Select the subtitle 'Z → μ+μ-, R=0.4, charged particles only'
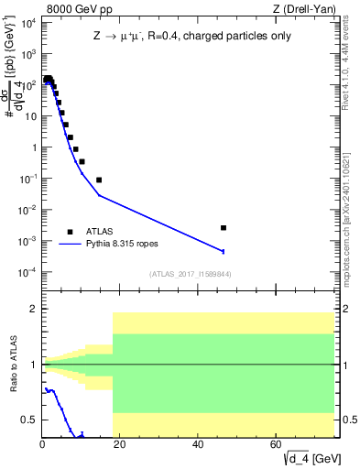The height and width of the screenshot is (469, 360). pos(188,37)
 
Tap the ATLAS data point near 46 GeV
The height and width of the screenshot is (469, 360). pos(224,227)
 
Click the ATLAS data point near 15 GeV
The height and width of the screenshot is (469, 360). pos(99,180)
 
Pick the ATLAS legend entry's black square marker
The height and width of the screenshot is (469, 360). pos(70,232)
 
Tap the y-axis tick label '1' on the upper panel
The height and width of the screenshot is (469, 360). pos(32,147)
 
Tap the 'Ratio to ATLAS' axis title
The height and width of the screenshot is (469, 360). pos(13,365)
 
